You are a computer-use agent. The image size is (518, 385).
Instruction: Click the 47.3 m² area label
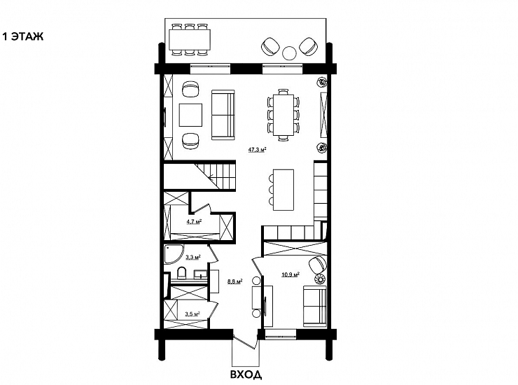point(258,150)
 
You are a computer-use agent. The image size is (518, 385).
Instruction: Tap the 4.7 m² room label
point(195,222)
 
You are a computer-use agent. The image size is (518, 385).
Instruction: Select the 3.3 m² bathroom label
point(193,256)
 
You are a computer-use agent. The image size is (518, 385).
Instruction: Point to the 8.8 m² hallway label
point(235,281)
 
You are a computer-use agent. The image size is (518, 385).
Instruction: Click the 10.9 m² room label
point(290,274)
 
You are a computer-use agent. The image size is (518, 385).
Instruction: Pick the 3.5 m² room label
point(192,314)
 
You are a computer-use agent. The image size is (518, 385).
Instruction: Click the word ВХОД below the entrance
point(246,374)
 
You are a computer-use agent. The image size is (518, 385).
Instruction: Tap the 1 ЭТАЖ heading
point(23,36)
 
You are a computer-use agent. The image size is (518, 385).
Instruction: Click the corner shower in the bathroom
point(173,254)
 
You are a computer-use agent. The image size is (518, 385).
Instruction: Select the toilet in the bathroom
point(182,274)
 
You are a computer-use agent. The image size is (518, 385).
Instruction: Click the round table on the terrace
point(290,52)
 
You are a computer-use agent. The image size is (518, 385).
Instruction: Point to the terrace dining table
point(190,39)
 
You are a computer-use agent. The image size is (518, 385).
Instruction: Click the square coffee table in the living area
point(190,115)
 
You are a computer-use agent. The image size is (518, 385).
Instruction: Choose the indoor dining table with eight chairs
point(283,115)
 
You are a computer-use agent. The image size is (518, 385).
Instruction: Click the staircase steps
point(215,176)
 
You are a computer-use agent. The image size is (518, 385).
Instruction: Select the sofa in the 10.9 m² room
point(314,307)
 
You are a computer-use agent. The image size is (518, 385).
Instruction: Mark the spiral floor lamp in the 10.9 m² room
point(319,279)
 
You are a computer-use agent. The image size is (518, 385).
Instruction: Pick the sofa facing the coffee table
point(223,114)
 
